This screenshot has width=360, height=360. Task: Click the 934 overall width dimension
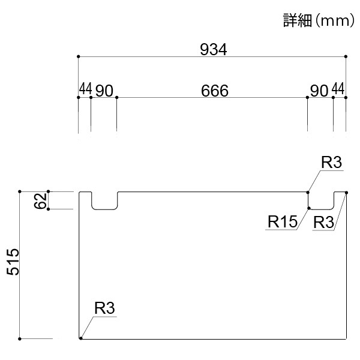[213, 49]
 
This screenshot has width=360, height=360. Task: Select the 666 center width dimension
[215, 91]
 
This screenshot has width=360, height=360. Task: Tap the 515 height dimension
[13, 262]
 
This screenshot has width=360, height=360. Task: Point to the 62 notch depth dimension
[40, 200]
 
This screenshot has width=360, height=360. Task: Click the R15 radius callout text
[283, 221]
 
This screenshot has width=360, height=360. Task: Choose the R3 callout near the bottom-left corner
[104, 308]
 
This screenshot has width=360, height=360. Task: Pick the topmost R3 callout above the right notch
[331, 163]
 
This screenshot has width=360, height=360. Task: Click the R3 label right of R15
[323, 222]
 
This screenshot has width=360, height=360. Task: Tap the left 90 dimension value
[104, 91]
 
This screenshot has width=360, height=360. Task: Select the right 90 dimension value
[319, 91]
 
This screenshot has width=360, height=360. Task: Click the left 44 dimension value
[85, 88]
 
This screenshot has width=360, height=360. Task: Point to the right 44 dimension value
[338, 89]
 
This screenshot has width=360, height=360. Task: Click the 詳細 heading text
[298, 20]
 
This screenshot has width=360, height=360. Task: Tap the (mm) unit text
[335, 20]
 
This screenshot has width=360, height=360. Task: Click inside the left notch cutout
[104, 200]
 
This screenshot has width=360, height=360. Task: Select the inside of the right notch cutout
[321, 200]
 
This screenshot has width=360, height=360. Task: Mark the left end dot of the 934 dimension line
[78, 56]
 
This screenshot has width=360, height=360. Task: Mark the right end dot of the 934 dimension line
[346, 56]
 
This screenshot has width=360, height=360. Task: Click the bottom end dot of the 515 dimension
[20, 339]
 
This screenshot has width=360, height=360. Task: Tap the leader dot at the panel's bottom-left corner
[80, 338]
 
